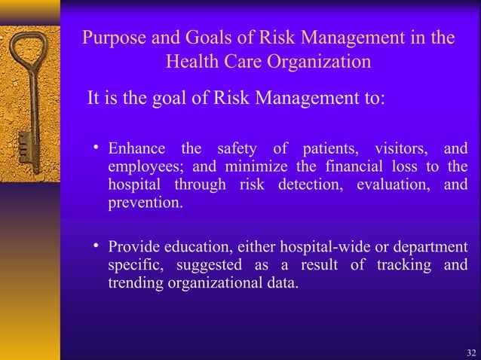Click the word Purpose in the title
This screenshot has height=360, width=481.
click(x=114, y=37)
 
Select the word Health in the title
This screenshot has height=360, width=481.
click(x=195, y=61)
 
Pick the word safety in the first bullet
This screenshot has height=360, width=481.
click(x=237, y=148)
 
